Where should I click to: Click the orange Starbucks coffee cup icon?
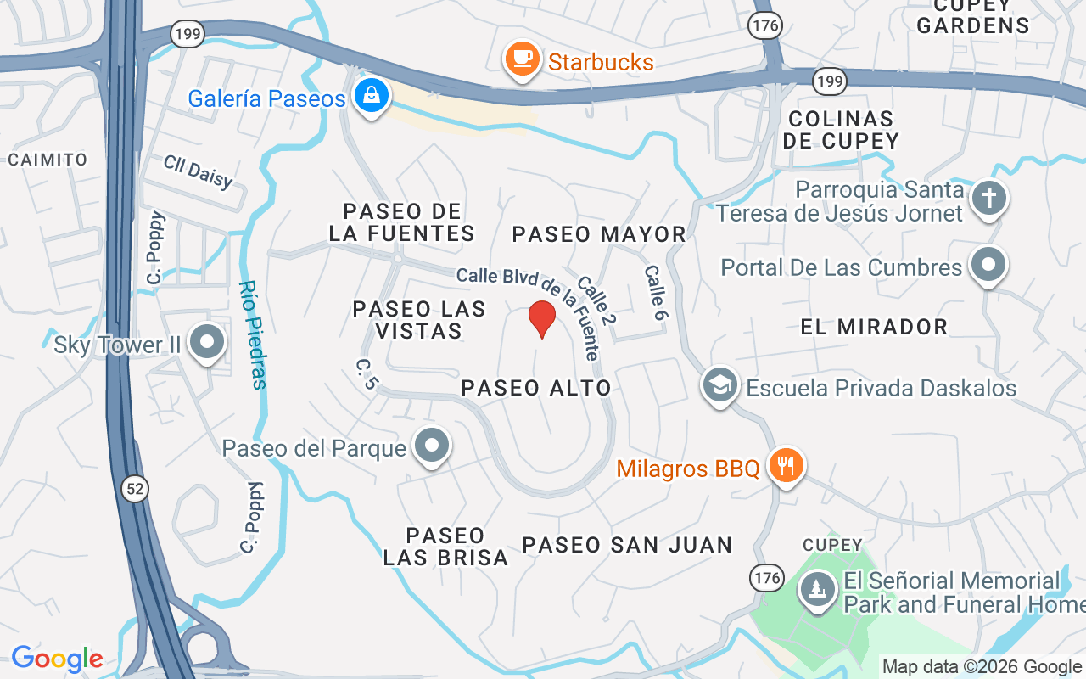pyautogui.click(x=522, y=59)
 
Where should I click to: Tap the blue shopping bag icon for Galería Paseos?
pyautogui.click(x=372, y=96)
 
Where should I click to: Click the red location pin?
pyautogui.click(x=541, y=318)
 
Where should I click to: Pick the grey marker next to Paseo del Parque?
pyautogui.click(x=432, y=446)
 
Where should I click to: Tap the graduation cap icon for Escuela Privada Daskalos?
pyautogui.click(x=719, y=386)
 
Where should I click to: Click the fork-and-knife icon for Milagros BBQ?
pyautogui.click(x=787, y=465)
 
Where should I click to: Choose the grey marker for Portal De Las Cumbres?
pyautogui.click(x=988, y=266)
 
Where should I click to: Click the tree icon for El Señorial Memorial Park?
pyautogui.click(x=818, y=588)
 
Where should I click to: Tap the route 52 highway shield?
pyautogui.click(x=134, y=487)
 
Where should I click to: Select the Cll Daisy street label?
pyautogui.click(x=198, y=172)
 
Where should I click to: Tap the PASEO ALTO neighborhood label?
pyautogui.click(x=536, y=388)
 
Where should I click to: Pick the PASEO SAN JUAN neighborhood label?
pyautogui.click(x=627, y=545)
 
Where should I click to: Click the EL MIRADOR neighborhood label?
pyautogui.click(x=874, y=327)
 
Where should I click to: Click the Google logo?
pyautogui.click(x=57, y=659)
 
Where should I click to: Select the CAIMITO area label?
pyautogui.click(x=48, y=160)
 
